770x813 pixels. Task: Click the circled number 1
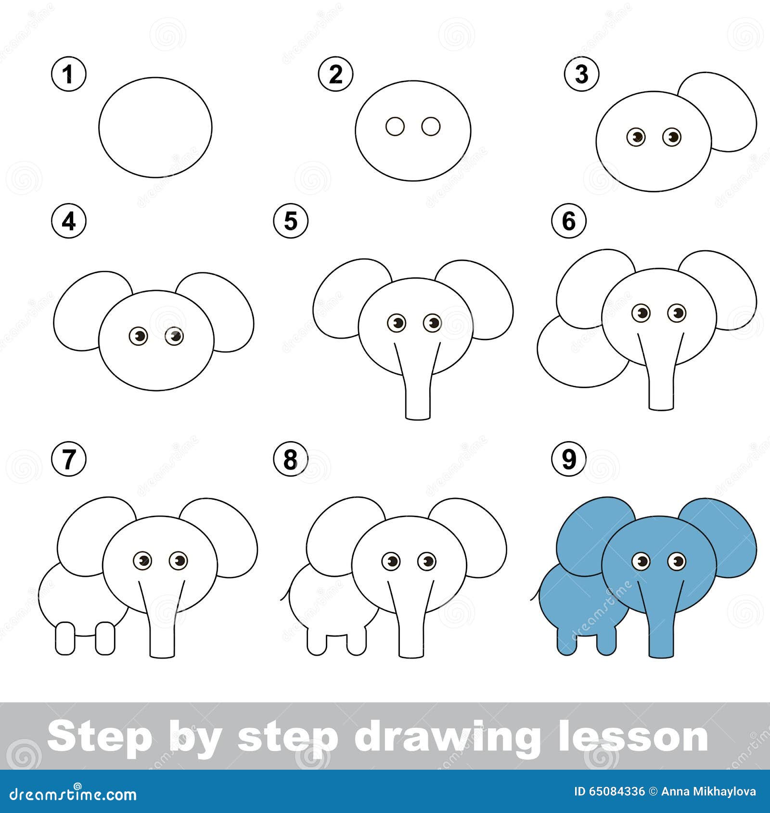point(69,74)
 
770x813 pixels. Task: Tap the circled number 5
point(291,221)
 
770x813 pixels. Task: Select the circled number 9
point(569,459)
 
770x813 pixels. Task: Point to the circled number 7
point(69,459)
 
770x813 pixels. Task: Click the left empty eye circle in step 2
point(395,127)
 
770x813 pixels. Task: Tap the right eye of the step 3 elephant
point(672,137)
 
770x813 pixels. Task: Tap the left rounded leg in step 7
point(65,638)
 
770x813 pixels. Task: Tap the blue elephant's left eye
point(641,561)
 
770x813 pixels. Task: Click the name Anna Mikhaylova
point(708,791)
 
